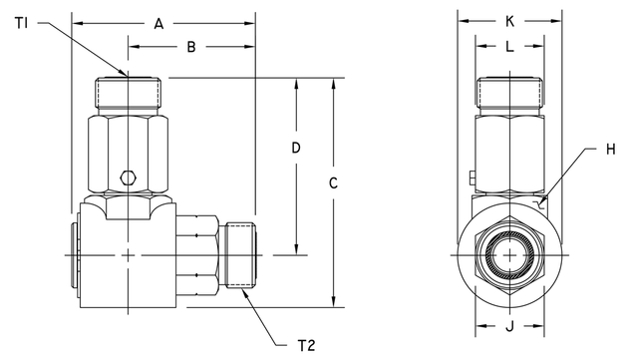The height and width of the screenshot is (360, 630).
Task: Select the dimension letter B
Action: coord(190,46)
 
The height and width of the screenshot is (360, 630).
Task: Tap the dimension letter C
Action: coord(334,182)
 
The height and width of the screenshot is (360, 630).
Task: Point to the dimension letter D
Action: coord(296,148)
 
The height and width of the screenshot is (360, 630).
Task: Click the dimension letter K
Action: coord(509,20)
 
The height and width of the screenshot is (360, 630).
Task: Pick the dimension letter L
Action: coord(509,46)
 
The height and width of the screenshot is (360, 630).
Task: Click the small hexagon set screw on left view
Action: coord(127,179)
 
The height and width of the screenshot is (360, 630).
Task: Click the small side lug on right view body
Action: coord(468,179)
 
